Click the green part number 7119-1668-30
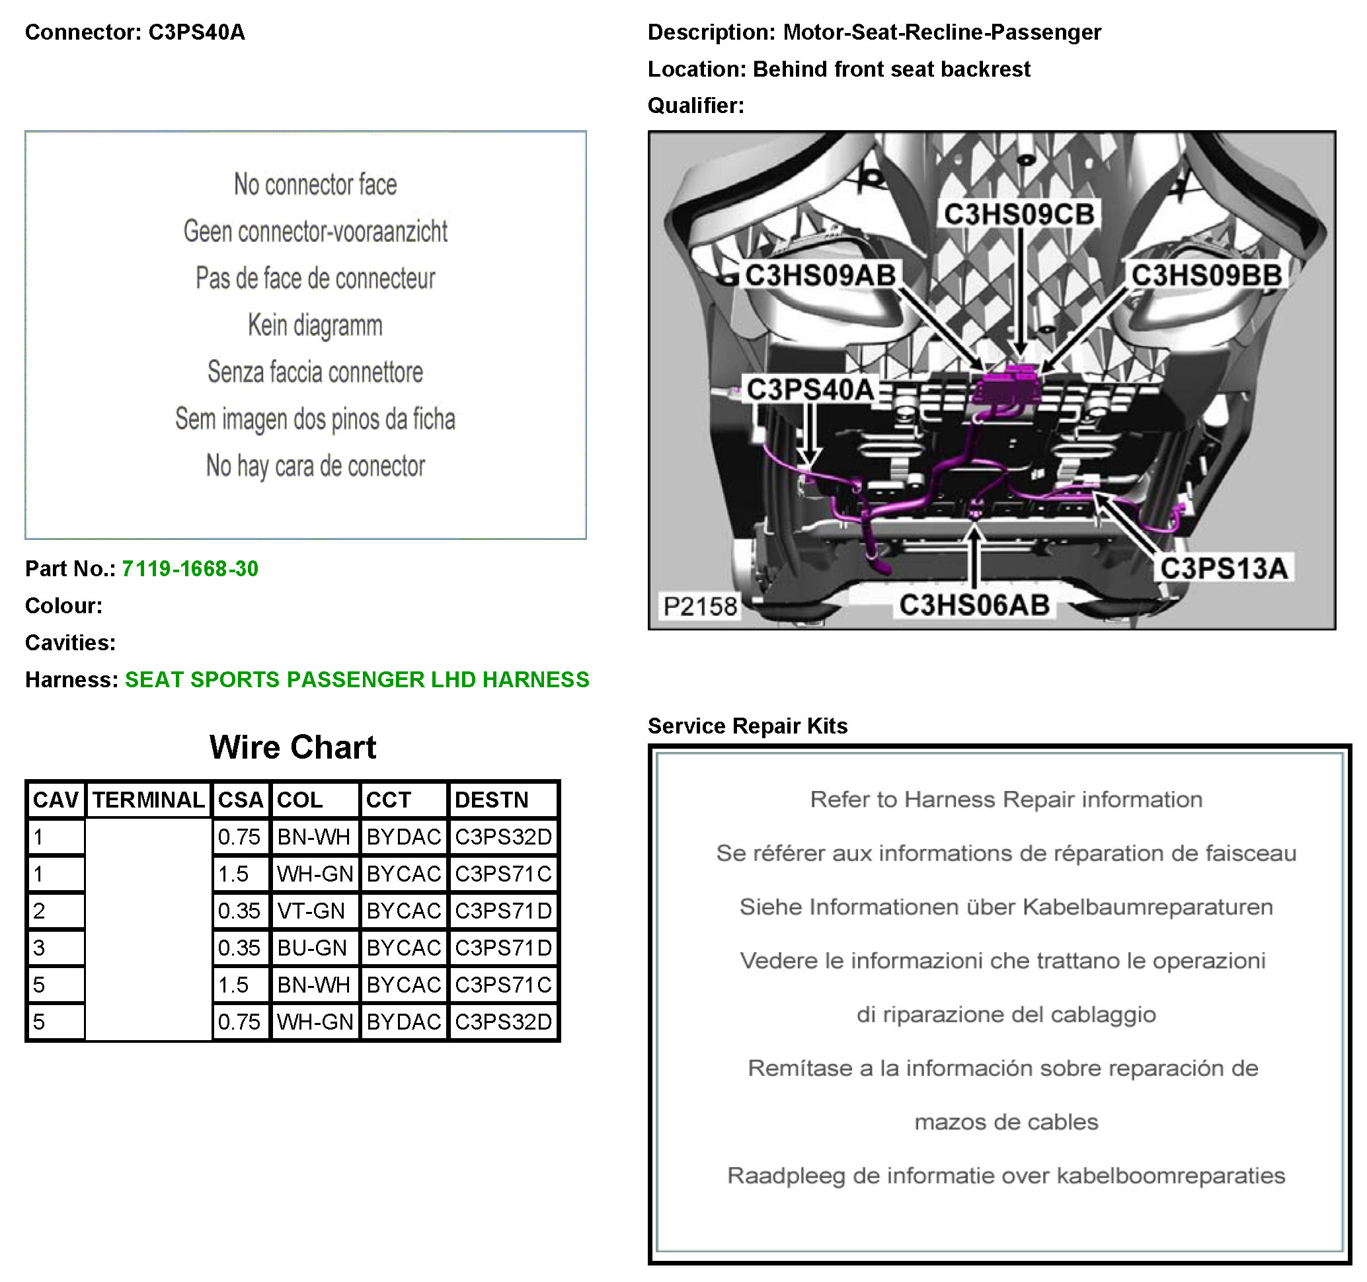point(190,568)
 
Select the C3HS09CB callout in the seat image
point(1019,214)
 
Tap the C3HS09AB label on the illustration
point(820,275)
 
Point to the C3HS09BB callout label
point(1207,275)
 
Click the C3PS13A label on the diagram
point(1224,568)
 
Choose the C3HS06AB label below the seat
point(974,605)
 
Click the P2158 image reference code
point(700,606)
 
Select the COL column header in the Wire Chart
point(300,800)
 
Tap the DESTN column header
point(492,800)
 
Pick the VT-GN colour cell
point(311,911)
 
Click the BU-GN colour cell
point(311,948)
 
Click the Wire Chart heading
point(293,747)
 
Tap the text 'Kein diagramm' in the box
point(315,325)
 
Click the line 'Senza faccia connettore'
point(315,372)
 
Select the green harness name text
point(357,679)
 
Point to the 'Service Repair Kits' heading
point(748,726)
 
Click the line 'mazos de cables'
point(1006,1122)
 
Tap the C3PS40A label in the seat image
point(809,390)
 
